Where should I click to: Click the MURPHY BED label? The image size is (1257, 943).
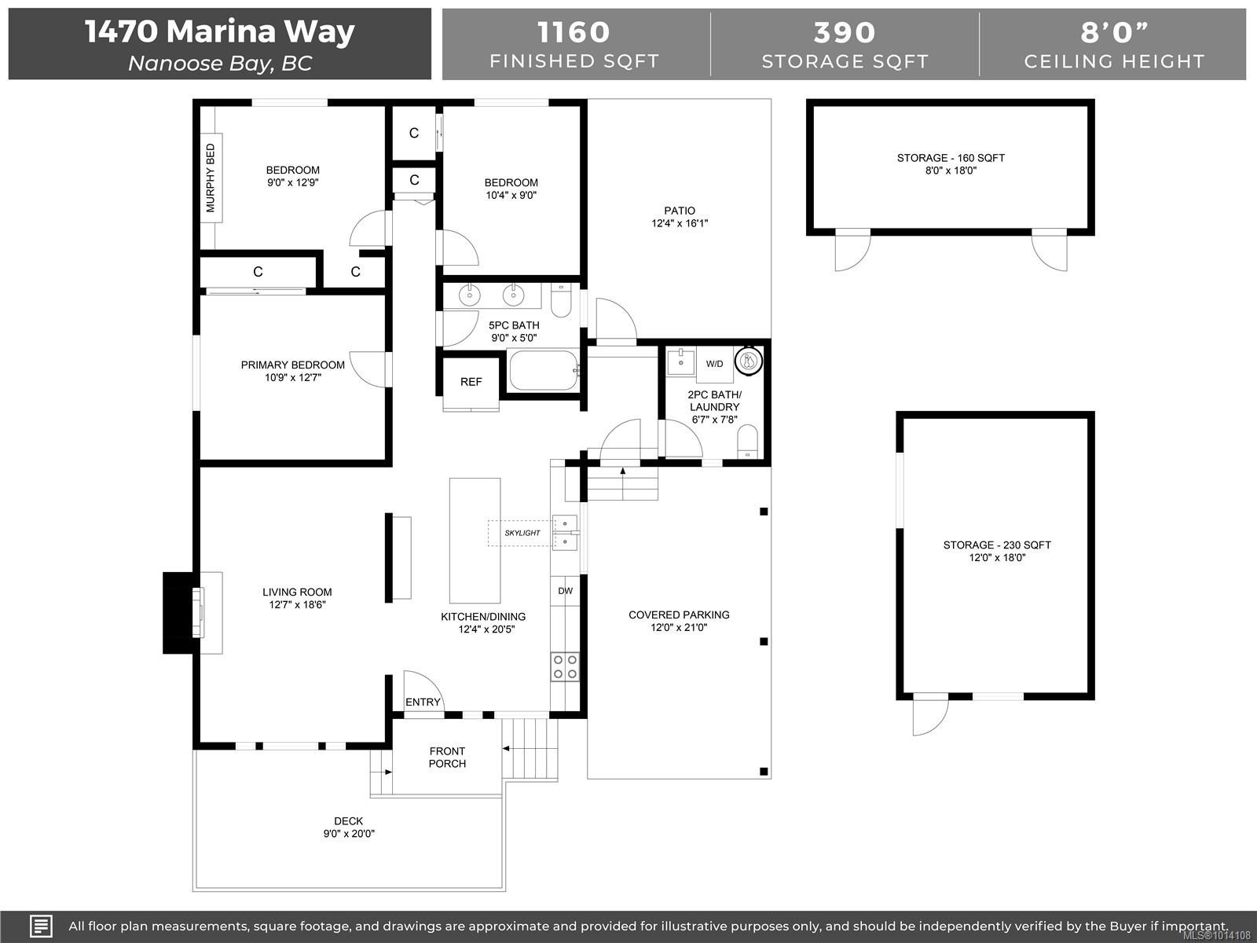[211, 178]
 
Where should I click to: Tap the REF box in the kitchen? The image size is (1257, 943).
[471, 382]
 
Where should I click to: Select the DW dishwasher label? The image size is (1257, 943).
[565, 591]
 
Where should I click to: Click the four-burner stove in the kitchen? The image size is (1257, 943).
[565, 667]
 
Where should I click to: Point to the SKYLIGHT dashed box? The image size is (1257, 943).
[522, 533]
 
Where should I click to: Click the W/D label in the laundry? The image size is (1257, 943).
[714, 364]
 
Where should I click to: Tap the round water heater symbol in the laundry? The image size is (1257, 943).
[747, 361]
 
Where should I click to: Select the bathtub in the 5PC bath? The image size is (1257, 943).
[544, 371]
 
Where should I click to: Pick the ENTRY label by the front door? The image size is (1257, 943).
[423, 702]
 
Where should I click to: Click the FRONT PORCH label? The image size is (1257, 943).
[447, 757]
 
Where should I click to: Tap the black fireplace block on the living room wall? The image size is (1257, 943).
[178, 613]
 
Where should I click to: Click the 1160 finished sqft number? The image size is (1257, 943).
[574, 33]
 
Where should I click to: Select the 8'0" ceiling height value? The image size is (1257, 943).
[1114, 33]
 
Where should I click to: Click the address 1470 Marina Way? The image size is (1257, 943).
[219, 31]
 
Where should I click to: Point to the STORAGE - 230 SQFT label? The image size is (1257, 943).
[996, 545]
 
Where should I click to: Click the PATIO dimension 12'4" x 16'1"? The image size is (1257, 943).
[680, 223]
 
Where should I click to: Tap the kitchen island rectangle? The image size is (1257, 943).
[475, 540]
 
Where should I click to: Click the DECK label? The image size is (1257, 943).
[348, 820]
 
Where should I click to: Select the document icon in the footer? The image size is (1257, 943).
[41, 926]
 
